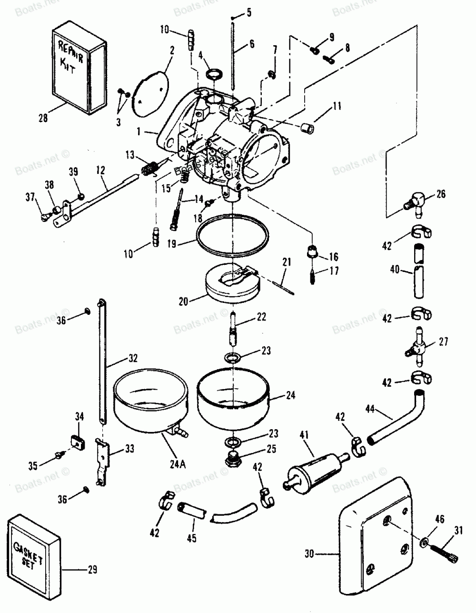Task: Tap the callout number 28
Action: coord(43,118)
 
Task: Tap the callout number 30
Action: coord(309,553)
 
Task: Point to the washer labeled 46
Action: coord(424,542)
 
